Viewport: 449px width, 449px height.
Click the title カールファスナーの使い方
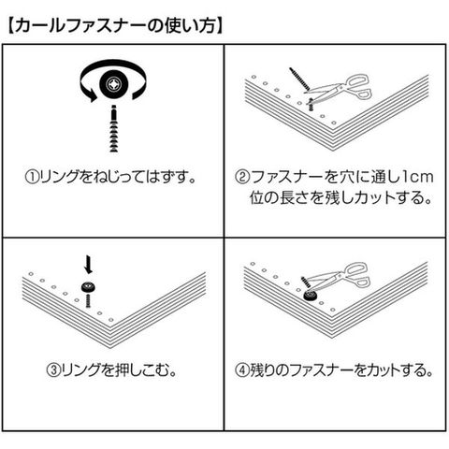click(x=115, y=26)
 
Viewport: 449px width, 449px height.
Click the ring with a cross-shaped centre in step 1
click(x=113, y=84)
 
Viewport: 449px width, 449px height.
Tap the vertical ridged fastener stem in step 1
click(x=114, y=129)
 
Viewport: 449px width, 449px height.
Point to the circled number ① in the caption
click(x=32, y=178)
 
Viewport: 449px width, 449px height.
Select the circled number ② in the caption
click(x=242, y=178)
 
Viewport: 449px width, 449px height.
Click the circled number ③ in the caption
click(x=53, y=370)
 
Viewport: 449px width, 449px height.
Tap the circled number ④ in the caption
click(x=242, y=370)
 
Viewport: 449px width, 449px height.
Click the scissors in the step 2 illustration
click(x=340, y=89)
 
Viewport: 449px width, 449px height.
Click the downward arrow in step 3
click(x=89, y=265)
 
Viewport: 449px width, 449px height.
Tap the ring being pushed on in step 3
click(x=88, y=287)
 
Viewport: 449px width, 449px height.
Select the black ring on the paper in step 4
click(x=311, y=296)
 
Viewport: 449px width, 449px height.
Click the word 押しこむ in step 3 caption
click(x=138, y=370)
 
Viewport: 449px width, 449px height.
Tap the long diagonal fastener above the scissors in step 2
click(x=299, y=79)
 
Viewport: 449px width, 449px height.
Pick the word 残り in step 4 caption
click(x=263, y=370)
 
